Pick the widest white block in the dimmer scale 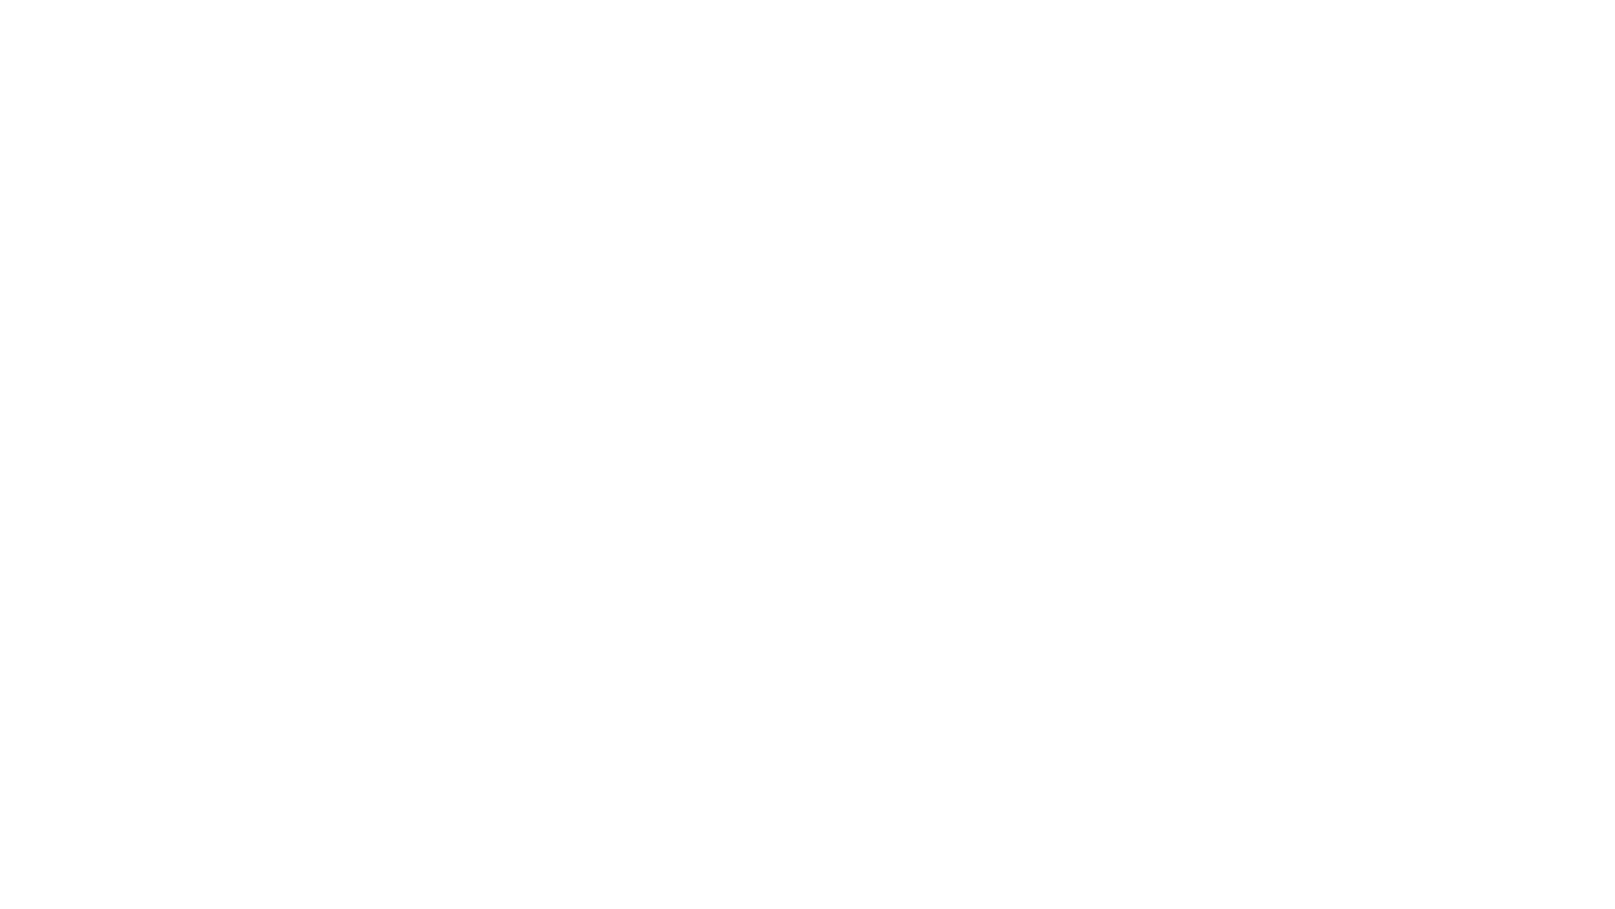pos(1214,426)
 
